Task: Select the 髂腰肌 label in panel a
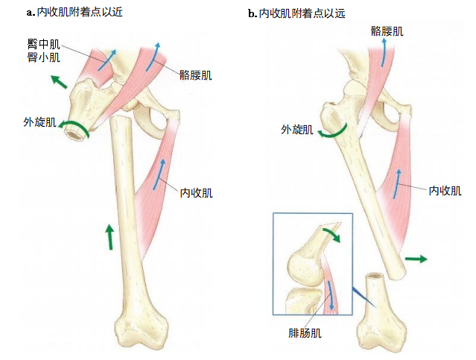click(x=195, y=75)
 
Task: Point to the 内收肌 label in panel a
click(x=196, y=192)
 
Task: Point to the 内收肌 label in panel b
click(x=445, y=190)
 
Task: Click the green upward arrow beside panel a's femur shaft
click(x=110, y=236)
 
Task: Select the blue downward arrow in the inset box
click(x=329, y=296)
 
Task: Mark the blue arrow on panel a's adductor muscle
click(x=160, y=174)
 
